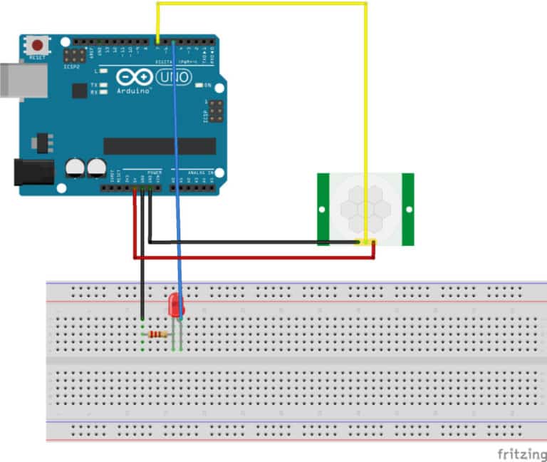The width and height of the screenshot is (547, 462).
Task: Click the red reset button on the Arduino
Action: [36, 45]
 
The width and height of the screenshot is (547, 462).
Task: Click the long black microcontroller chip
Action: [160, 146]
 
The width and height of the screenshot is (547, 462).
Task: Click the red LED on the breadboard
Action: [174, 307]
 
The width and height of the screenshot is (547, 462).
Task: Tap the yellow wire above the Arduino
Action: [264, 4]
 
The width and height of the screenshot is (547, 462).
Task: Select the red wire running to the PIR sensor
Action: [256, 257]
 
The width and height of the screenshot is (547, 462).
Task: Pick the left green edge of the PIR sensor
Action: [323, 210]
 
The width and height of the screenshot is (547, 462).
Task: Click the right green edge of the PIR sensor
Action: [407, 210]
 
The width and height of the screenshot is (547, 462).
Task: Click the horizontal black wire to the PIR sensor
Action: [249, 242]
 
